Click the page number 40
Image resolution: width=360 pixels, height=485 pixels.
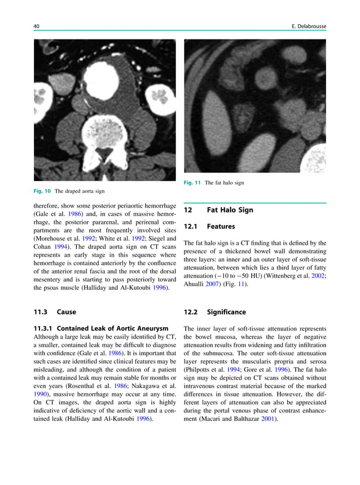point(37,27)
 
